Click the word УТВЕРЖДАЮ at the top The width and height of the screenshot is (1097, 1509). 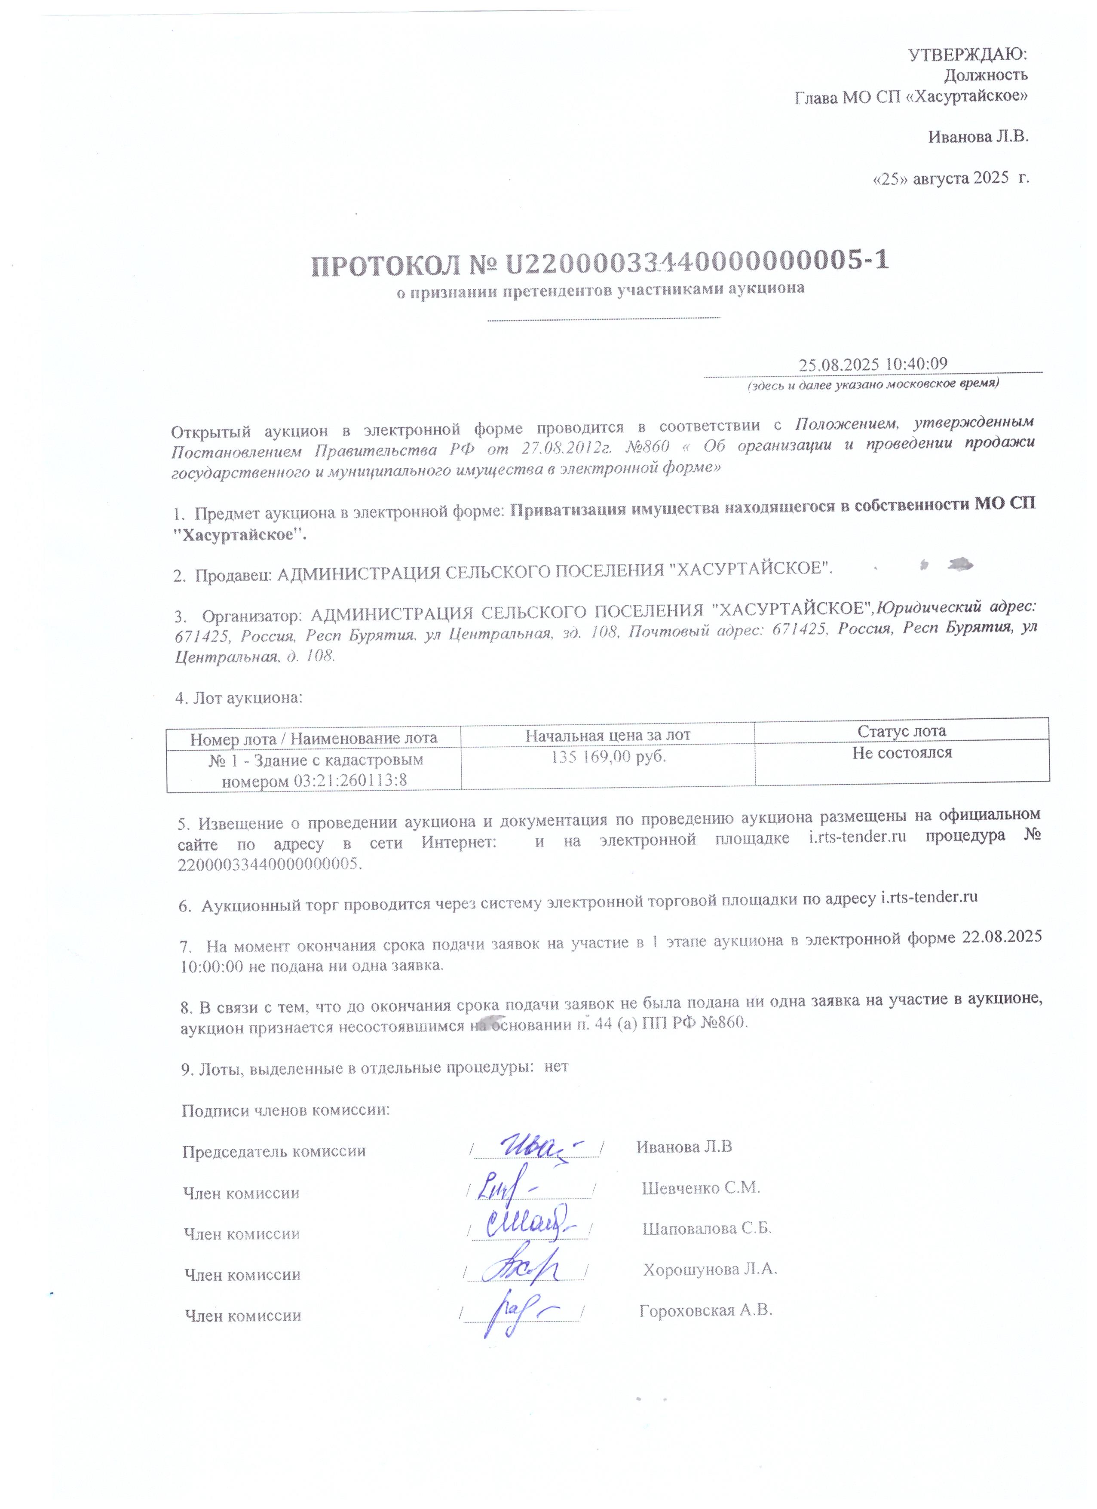[968, 54]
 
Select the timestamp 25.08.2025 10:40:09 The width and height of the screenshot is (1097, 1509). [873, 365]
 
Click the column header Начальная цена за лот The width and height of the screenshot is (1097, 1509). [608, 735]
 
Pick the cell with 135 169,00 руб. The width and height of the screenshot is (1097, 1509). [608, 757]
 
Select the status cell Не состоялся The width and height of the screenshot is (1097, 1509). [902, 753]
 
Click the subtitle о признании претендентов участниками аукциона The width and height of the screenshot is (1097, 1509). [601, 289]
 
